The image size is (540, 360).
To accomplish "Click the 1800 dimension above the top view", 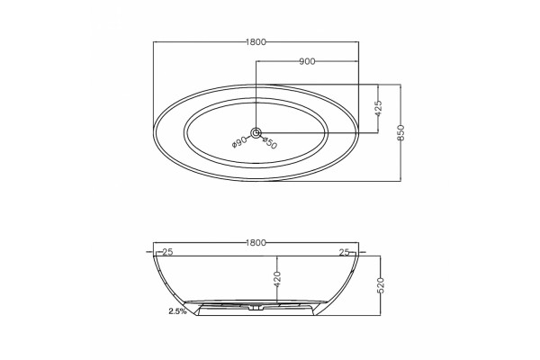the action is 256,42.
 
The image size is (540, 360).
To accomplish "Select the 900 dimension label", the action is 307,62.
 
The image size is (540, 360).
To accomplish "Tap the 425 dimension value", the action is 379,109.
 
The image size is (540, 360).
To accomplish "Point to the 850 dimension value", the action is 400,132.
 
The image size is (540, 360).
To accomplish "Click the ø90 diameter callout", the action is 239,141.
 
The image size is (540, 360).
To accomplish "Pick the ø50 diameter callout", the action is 270,143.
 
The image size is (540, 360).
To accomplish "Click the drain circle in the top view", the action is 256,132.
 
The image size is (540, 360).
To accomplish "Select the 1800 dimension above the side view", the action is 256,243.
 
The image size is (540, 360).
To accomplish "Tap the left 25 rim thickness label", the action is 167,252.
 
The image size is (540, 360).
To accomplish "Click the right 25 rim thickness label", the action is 345,253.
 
